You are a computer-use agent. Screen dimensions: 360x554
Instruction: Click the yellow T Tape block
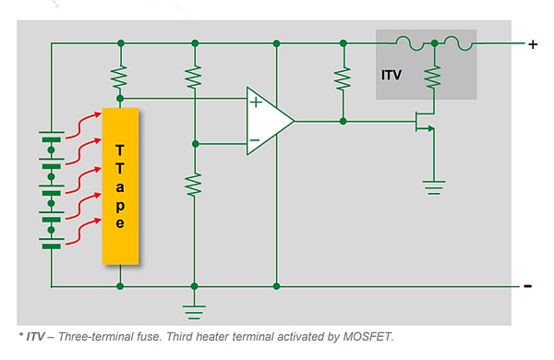click(120, 186)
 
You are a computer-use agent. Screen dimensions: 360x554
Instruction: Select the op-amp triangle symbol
click(268, 121)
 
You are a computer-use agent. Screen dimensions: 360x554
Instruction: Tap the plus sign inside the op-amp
click(256, 102)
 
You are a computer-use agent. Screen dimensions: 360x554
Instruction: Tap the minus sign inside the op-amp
click(255, 142)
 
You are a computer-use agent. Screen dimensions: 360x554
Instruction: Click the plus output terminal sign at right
click(532, 43)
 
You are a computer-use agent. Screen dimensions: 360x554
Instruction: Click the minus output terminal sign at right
click(527, 286)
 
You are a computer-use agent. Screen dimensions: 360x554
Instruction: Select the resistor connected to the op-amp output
click(343, 79)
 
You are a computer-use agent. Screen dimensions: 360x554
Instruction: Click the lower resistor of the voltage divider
click(194, 185)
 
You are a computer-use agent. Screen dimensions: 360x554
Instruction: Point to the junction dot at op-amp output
click(343, 121)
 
